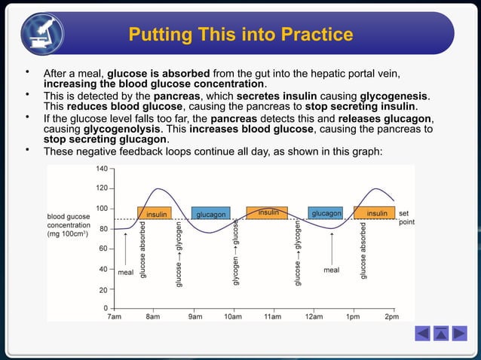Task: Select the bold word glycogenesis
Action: tap(397, 96)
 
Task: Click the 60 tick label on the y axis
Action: tap(103, 248)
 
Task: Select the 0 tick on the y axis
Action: tap(106, 308)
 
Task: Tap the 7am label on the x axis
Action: tap(113, 317)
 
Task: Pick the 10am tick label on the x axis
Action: tap(233, 317)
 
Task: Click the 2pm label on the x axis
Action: tap(392, 317)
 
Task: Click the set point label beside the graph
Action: tap(406, 218)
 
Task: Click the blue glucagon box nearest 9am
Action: tap(211, 214)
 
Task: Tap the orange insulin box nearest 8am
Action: tap(155, 214)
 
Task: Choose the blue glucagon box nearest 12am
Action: tap(326, 214)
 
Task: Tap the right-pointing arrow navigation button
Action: tap(458, 333)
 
